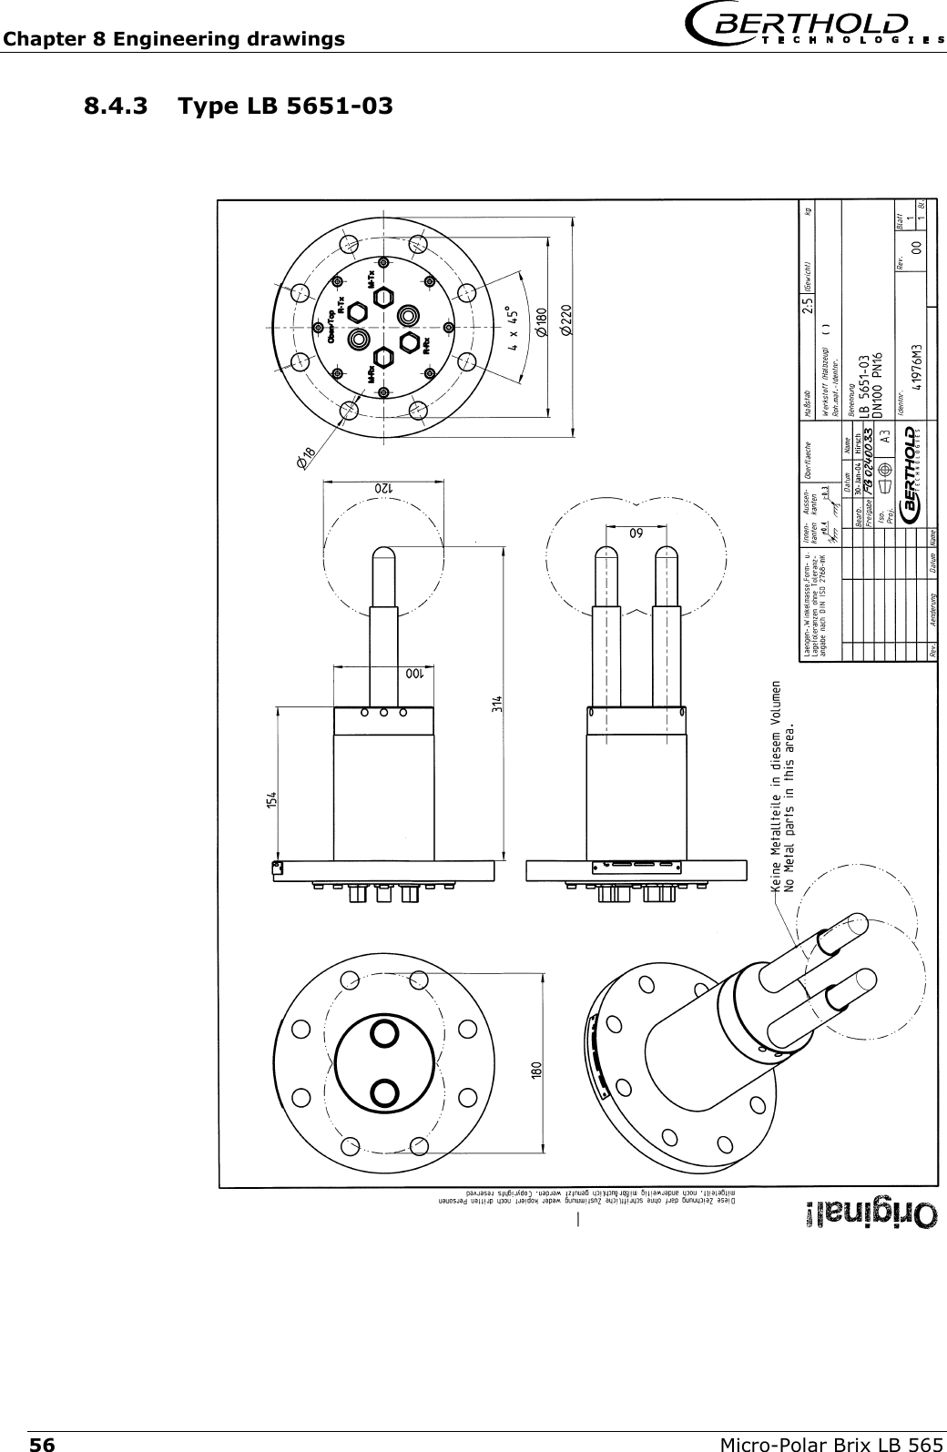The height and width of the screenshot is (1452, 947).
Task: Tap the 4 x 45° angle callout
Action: [515, 326]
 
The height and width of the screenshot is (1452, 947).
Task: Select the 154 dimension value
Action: [271, 800]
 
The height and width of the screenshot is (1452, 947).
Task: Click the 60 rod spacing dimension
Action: [634, 532]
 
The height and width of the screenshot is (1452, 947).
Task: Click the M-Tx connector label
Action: [372, 279]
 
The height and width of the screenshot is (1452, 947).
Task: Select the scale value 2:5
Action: [808, 304]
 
